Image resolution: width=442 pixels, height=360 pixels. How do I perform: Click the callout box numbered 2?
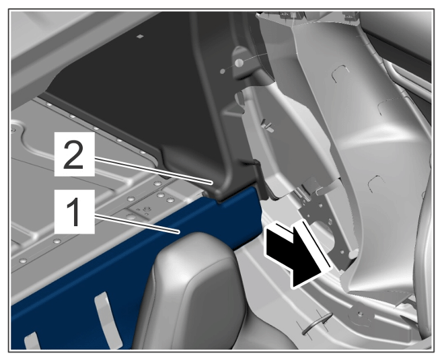pos(75,154)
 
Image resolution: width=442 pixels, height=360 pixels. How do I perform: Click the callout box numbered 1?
pos(75,211)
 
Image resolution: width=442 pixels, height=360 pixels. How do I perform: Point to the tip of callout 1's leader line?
pos(179,232)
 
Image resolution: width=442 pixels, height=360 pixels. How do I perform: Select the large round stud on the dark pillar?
pos(239,63)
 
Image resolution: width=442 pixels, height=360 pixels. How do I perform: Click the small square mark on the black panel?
pos(140,36)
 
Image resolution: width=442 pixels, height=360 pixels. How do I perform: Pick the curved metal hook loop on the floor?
pos(317,322)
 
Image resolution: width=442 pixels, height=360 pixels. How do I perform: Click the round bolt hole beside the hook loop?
pos(359,313)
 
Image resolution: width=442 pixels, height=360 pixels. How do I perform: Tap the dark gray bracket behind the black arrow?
pos(327,225)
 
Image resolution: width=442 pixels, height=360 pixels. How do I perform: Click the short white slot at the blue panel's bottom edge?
pos(32,341)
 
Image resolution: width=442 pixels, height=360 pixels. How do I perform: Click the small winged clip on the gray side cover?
pos(268,125)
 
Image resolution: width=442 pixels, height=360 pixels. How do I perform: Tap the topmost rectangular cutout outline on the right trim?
pos(340,74)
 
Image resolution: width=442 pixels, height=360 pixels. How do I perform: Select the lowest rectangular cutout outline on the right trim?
pos(376,184)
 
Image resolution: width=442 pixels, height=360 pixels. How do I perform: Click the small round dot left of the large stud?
pos(223,71)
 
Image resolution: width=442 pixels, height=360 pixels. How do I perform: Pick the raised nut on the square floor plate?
pos(146,209)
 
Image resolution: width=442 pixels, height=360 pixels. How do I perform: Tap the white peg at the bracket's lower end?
pos(353,254)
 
